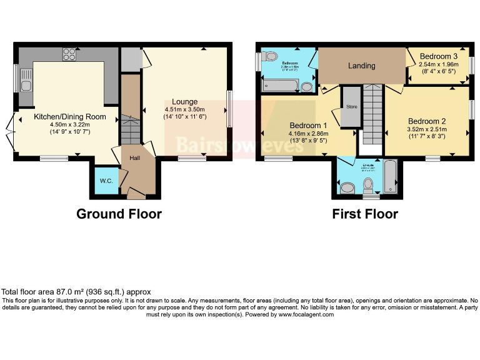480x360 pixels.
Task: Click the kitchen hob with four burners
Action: point(68,54)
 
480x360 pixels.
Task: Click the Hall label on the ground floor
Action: point(135,158)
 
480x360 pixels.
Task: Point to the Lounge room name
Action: point(185,101)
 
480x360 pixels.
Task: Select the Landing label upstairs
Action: point(361,66)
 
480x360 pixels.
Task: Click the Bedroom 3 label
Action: point(438,56)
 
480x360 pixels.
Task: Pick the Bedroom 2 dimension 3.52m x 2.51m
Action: point(427,129)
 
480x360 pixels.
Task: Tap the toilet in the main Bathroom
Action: point(271,57)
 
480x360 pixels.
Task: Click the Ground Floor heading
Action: point(119,214)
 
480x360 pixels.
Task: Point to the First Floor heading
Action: point(365,214)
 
